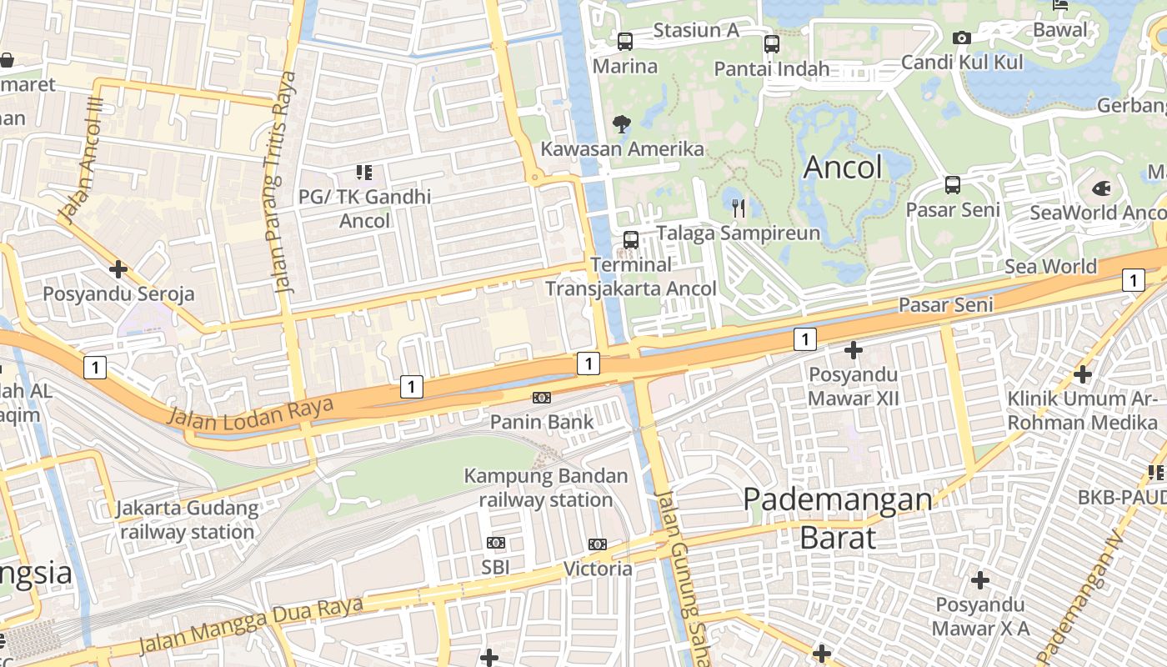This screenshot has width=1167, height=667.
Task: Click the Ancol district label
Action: tap(843, 168)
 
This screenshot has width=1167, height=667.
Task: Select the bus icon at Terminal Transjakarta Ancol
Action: tap(631, 240)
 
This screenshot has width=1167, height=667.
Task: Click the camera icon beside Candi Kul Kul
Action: tap(961, 38)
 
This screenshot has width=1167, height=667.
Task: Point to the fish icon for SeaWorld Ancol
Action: tap(1101, 188)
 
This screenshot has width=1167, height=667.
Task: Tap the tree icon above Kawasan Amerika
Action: tap(621, 125)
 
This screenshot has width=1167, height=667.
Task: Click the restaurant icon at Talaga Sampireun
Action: tap(738, 208)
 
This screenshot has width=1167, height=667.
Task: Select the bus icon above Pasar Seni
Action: tap(953, 185)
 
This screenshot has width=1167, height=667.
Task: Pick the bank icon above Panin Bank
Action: tap(542, 398)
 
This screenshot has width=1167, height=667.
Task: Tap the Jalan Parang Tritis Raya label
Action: tap(285, 183)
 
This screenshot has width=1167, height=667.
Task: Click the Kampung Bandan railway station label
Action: tap(546, 488)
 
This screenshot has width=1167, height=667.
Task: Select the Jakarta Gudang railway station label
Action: tap(188, 519)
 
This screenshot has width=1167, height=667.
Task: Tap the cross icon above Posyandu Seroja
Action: tap(118, 269)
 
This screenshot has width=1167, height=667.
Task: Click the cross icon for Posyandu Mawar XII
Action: tap(854, 350)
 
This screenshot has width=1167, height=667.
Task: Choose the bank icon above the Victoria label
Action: tap(597, 544)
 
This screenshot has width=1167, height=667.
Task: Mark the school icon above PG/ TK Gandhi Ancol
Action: tap(364, 173)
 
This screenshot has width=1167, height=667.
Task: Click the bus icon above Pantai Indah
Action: tap(772, 44)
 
